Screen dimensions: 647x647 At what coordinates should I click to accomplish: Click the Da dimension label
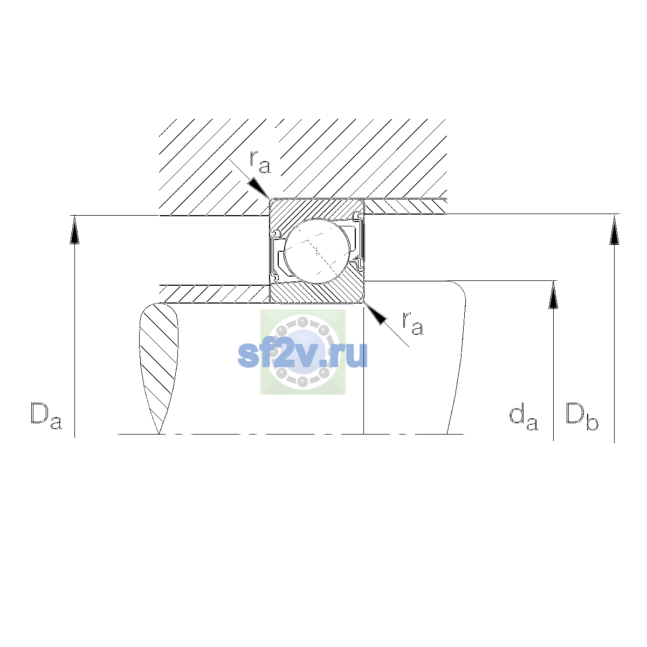[x=46, y=416]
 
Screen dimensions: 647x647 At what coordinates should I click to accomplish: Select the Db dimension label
[x=582, y=416]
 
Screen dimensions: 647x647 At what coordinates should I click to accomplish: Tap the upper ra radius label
[x=260, y=162]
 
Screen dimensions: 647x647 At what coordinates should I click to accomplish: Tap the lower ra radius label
[x=413, y=323]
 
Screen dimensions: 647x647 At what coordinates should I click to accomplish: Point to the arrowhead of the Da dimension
[x=74, y=230]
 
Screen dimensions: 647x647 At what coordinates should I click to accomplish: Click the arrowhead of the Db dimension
[x=614, y=230]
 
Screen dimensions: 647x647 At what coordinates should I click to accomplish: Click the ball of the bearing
[x=317, y=251]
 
